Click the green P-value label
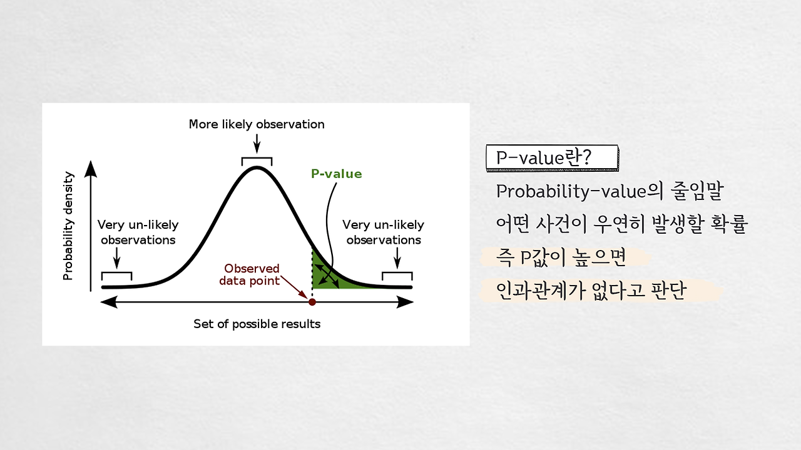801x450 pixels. (337, 174)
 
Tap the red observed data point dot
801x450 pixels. (312, 302)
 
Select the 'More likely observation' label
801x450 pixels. (257, 124)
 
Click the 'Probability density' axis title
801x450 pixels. (68, 226)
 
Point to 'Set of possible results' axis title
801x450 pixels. (257, 324)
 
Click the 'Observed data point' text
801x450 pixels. (250, 274)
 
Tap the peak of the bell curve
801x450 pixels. (257, 168)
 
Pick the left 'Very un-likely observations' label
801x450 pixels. (138, 232)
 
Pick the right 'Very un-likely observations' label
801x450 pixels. (384, 232)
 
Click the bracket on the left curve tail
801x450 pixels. (117, 273)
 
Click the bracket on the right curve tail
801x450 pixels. (397, 273)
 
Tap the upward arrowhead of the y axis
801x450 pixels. (91, 169)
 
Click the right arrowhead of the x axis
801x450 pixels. (406, 302)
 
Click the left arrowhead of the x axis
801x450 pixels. (109, 302)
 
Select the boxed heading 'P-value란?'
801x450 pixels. (552, 158)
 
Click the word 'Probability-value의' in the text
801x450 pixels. (579, 191)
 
